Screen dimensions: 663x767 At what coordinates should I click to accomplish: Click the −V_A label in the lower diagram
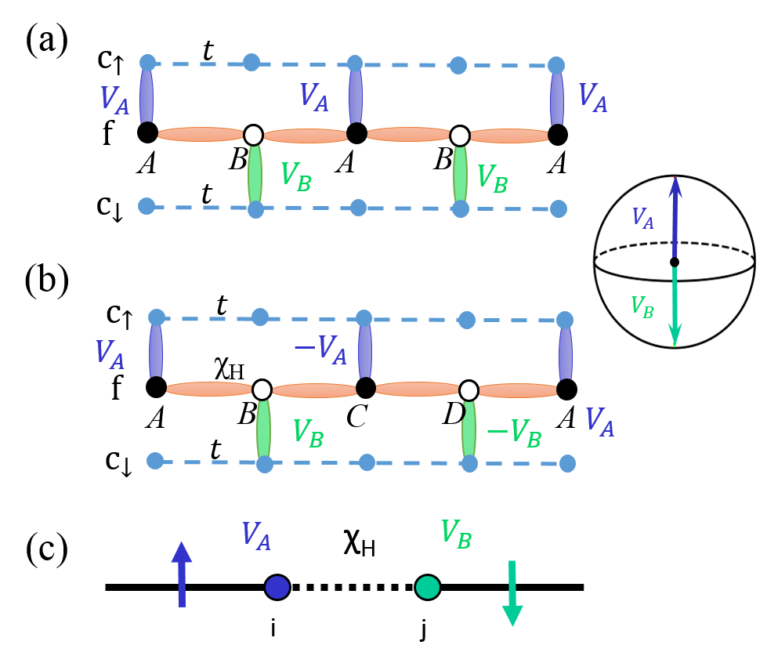coord(320,350)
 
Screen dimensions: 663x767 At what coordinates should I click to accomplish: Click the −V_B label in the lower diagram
coord(514,433)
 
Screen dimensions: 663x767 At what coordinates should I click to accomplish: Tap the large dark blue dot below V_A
coord(277,587)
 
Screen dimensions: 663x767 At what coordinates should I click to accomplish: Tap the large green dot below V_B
coord(428,587)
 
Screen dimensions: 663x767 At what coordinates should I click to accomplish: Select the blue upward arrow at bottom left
coord(182,574)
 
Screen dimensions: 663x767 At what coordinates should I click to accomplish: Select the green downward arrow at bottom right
coord(512,593)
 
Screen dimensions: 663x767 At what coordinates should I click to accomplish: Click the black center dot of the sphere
coord(675,262)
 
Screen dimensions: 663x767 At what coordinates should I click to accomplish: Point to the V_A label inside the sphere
coord(642,218)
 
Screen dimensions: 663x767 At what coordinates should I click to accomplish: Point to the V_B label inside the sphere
coord(642,306)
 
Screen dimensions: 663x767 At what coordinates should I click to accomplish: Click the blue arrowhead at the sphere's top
coord(675,187)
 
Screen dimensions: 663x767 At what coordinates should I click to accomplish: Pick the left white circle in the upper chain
coord(253,136)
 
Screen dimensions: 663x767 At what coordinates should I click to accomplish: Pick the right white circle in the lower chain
coord(469,390)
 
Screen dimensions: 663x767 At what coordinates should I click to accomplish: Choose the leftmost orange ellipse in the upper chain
coord(201,135)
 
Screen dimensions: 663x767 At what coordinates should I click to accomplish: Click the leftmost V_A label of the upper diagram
coord(114,100)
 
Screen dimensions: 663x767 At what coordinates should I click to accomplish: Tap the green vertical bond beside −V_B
coord(469,429)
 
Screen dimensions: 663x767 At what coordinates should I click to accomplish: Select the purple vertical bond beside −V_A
coord(365,350)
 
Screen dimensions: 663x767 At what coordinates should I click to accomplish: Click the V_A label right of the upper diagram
coord(592,98)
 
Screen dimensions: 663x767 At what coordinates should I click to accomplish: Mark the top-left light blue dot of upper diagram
coord(147,63)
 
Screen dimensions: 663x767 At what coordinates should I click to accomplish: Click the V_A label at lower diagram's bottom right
coord(599,422)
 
